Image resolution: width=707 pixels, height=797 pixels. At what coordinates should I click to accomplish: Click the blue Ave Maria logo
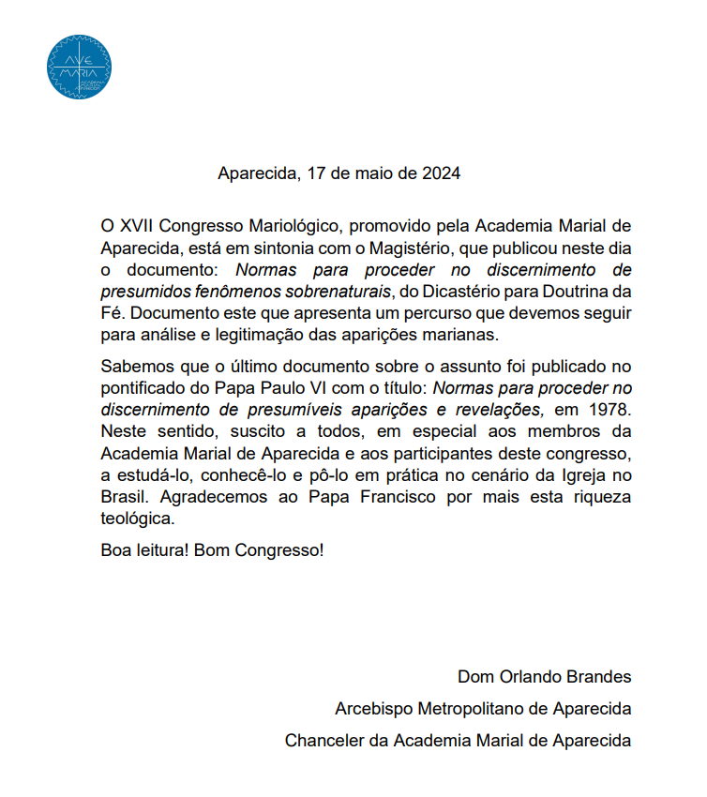coord(79,67)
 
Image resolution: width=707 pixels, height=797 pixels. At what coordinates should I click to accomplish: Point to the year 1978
coord(609,410)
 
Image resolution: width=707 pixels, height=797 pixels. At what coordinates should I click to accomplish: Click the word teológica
coord(137,517)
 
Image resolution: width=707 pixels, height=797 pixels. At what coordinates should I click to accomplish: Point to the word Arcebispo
coord(372,708)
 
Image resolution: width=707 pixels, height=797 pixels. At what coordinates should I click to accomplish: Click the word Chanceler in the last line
coord(323,740)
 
